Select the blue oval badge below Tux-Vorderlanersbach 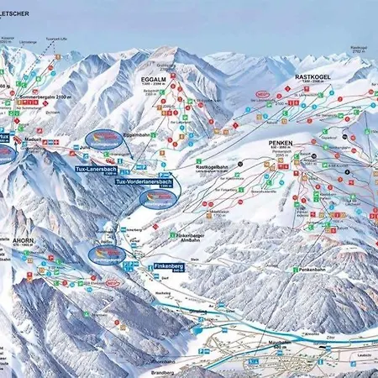(159, 197)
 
